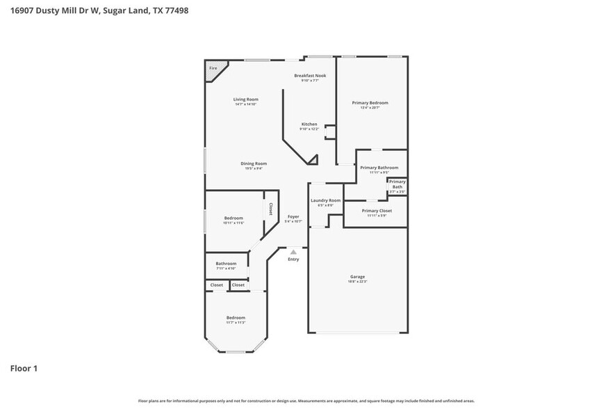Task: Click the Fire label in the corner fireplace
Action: (213, 68)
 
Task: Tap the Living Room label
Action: (245, 99)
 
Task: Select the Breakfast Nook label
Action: (310, 75)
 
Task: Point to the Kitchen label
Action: (309, 124)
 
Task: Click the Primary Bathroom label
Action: (379, 168)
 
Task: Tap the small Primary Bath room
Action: (397, 185)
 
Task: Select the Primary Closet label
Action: (377, 210)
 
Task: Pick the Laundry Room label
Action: (325, 200)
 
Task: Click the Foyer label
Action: (293, 216)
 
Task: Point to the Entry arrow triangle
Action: (293, 252)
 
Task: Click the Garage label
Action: (357, 276)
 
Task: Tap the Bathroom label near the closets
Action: (226, 264)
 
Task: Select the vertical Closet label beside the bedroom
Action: (270, 209)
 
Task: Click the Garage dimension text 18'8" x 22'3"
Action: (357, 281)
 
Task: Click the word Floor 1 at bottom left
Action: (24, 368)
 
